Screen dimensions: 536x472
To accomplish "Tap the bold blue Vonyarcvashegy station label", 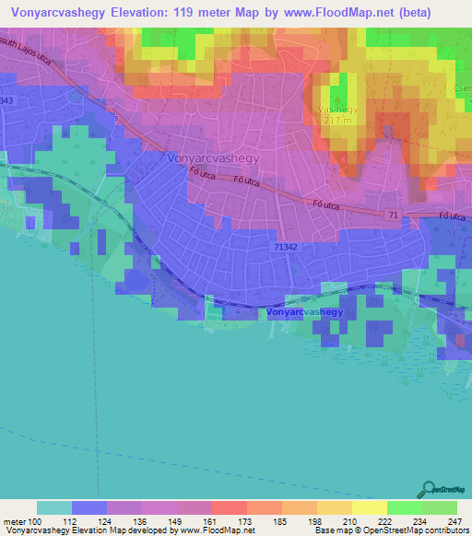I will [304, 313].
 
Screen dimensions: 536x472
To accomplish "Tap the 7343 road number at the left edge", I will [7, 99].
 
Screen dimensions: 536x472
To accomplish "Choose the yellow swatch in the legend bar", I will [370, 507].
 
